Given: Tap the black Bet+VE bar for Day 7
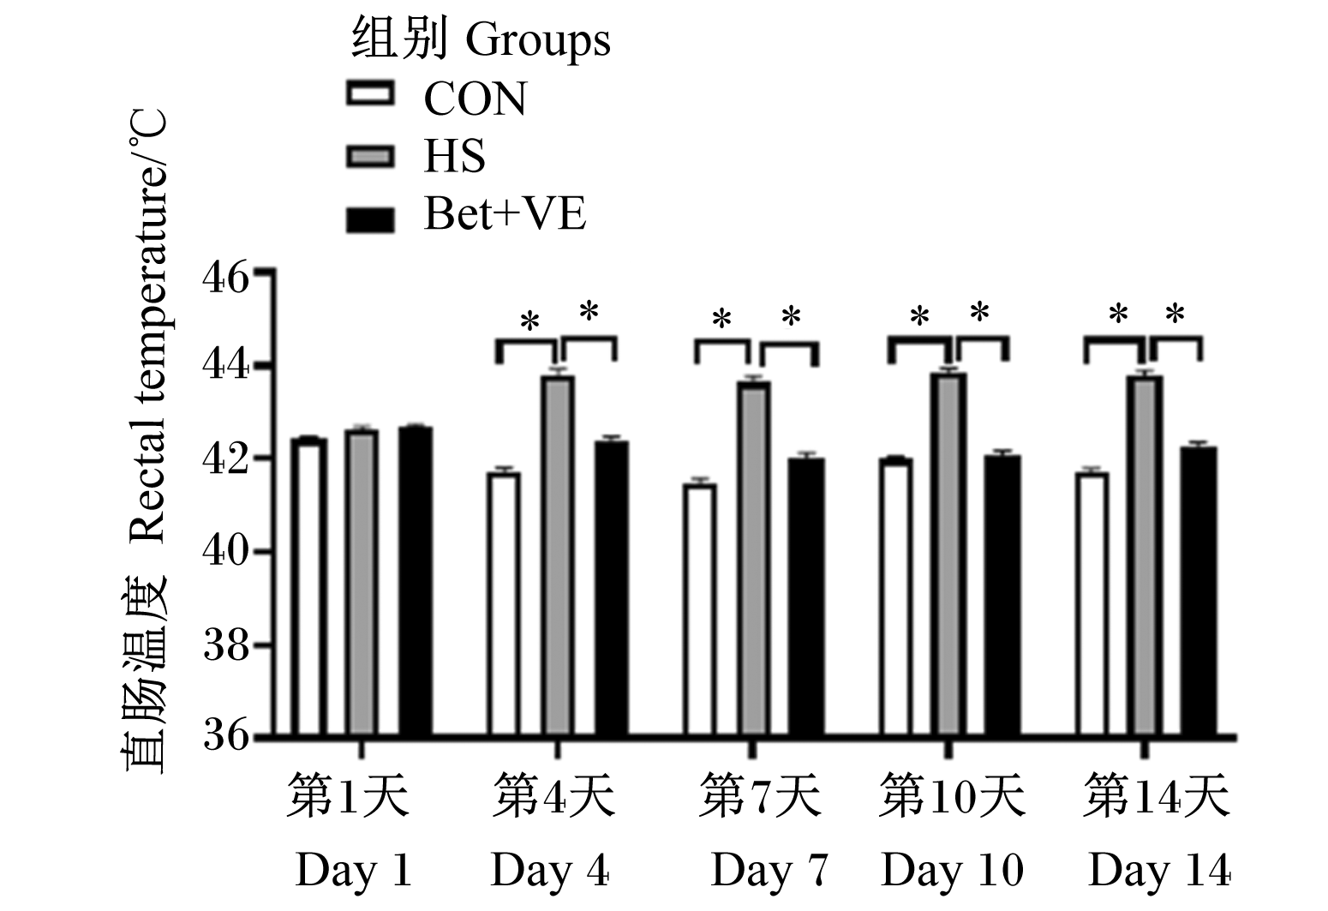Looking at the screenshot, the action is tap(805, 598).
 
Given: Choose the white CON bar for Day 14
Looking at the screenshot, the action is tap(1092, 605).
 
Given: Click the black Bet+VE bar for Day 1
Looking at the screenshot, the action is tap(415, 583).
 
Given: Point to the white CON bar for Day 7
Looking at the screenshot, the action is tap(700, 611).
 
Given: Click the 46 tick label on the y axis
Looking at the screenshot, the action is tap(226, 279).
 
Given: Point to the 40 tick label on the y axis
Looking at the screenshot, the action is tap(226, 552).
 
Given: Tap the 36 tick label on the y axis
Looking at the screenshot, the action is tap(226, 736).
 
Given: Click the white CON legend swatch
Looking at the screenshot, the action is tap(370, 94).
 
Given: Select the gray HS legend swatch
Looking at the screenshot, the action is tap(370, 157).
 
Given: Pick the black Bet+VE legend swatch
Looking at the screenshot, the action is tap(370, 219).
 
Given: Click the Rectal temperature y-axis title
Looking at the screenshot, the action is tap(148, 326).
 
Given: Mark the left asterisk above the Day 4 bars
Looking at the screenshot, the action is tap(529, 322).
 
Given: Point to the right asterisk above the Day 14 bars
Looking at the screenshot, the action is tap(1175, 314).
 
